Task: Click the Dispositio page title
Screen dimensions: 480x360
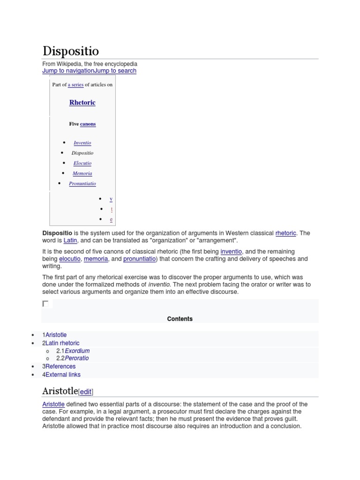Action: [70, 51]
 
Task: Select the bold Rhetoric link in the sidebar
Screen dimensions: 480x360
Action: [82, 103]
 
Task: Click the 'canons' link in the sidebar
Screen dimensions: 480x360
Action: [88, 124]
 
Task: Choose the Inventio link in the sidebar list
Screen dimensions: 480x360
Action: [82, 143]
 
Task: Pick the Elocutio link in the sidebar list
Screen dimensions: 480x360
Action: [82, 164]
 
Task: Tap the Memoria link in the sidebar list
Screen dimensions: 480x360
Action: [82, 173]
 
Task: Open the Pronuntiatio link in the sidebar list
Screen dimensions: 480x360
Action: [82, 184]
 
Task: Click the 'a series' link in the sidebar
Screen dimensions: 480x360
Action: [75, 85]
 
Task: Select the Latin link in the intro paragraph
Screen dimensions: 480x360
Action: [70, 240]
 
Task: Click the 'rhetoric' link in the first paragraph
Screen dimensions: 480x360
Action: [286, 233]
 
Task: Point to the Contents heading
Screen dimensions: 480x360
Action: [180, 319]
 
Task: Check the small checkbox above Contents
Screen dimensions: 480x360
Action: [45, 304]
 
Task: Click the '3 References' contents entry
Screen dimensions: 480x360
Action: [59, 367]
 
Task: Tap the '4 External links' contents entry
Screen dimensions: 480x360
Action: [61, 375]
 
